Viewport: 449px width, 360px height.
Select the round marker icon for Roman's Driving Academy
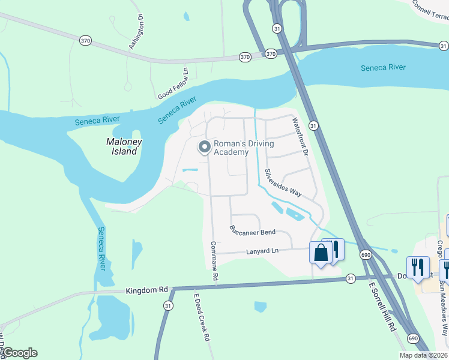(205, 147)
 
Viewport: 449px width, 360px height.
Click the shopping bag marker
(321, 252)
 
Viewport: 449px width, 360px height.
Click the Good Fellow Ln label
(173, 84)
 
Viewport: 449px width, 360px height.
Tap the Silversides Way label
(283, 181)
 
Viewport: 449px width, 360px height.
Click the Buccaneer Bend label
(252, 231)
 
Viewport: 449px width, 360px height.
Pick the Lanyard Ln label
(263, 250)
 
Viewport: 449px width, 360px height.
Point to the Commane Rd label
(213, 263)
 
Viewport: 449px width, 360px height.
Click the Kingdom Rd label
(146, 290)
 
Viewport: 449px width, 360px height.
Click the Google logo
(19, 353)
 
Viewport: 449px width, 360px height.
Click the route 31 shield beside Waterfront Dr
(313, 125)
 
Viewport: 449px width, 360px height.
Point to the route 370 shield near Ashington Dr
(85, 40)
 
